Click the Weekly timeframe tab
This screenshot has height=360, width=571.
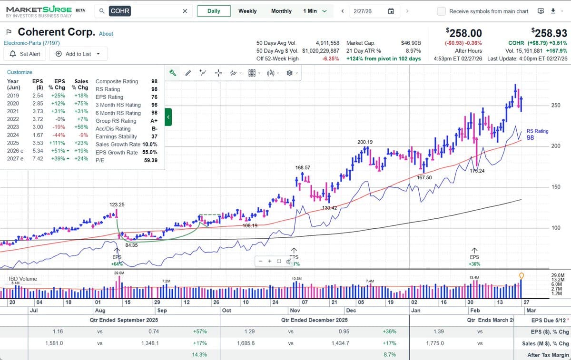click(247, 11)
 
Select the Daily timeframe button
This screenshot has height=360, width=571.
click(214, 11)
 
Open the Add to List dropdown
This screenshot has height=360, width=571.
click(78, 54)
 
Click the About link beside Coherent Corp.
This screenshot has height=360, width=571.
click(106, 34)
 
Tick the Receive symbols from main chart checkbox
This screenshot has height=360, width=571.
click(442, 11)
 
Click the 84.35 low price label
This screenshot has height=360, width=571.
click(131, 245)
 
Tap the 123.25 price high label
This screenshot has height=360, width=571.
click(117, 204)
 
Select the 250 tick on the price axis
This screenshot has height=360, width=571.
click(555, 106)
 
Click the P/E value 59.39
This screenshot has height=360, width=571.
click(150, 161)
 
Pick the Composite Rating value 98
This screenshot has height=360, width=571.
click(154, 81)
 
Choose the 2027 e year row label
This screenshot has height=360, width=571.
click(15, 158)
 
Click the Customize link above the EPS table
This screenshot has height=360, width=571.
click(20, 72)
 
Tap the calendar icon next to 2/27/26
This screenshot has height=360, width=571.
click(391, 11)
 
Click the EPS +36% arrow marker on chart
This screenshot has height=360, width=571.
click(474, 251)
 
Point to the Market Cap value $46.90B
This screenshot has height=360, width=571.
click(411, 43)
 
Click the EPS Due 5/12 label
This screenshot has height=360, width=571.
click(549, 320)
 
